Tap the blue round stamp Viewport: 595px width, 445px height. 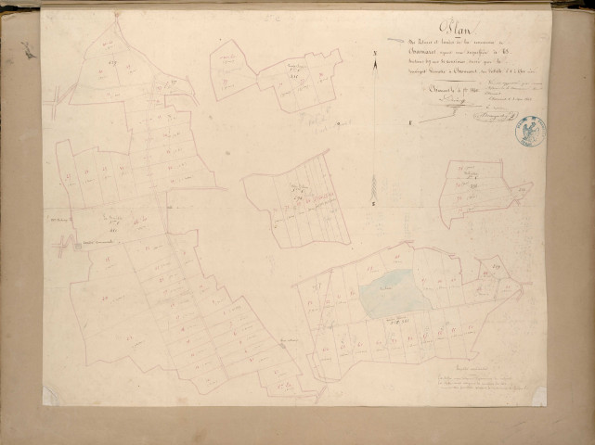click(x=530, y=131)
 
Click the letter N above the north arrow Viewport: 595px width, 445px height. click(x=373, y=55)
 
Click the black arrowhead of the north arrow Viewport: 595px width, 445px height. click(x=373, y=74)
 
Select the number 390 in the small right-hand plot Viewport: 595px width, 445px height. click(x=472, y=185)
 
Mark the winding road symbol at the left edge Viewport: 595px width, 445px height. click(x=61, y=245)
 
